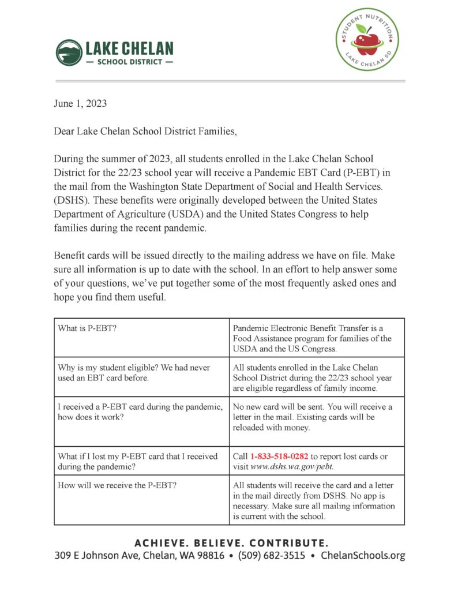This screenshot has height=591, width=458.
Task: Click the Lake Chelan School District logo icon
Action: click(69, 53)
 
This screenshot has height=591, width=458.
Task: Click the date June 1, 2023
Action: click(80, 104)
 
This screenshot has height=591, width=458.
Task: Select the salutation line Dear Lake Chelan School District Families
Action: click(145, 131)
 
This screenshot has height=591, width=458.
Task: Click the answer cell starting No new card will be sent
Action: click(317, 417)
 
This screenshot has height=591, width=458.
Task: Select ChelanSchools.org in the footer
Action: click(363, 556)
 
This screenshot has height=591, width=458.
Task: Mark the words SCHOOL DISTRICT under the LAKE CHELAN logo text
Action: click(129, 62)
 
